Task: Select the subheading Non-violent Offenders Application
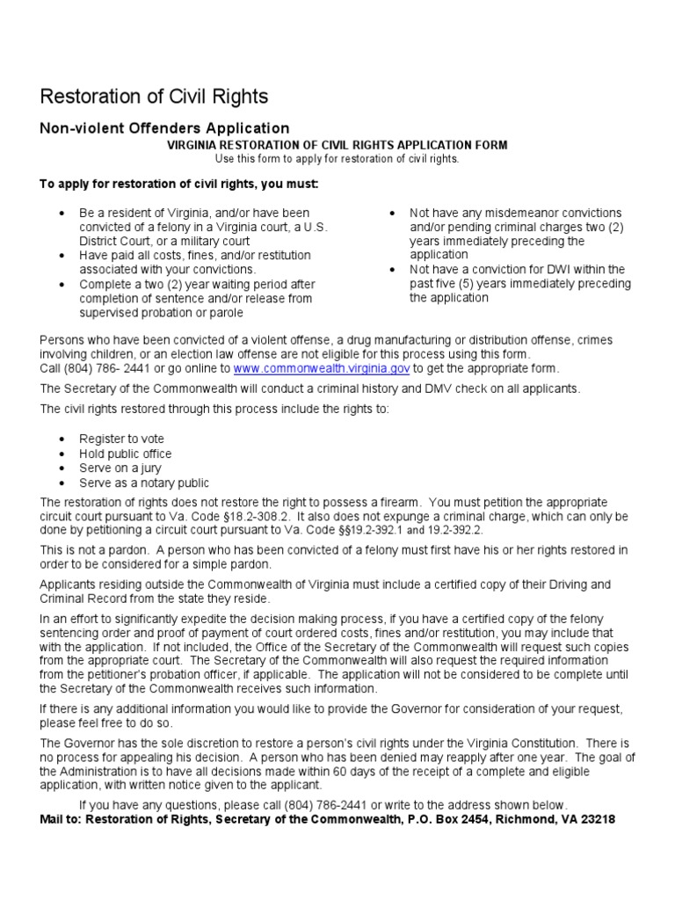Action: (x=164, y=128)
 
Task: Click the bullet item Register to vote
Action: (x=121, y=439)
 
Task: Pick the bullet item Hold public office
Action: (x=126, y=454)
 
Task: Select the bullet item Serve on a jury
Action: (x=120, y=468)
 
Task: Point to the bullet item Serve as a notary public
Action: (x=144, y=483)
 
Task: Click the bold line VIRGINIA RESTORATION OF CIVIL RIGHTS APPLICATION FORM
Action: (x=337, y=145)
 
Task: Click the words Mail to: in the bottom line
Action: (x=63, y=818)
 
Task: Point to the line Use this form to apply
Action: (x=337, y=158)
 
